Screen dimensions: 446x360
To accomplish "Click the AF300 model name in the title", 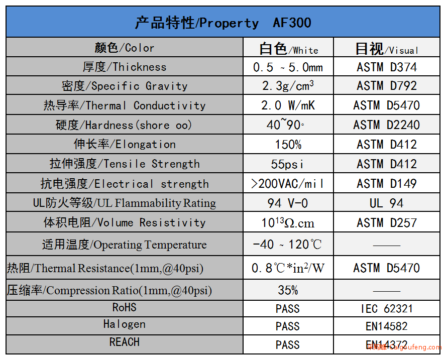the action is [x=292, y=23].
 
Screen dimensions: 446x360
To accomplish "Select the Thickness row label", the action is [x=125, y=67].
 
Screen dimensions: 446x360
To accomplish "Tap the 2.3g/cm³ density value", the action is [x=288, y=85].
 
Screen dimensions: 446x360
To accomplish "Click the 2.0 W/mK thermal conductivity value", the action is [x=288, y=105].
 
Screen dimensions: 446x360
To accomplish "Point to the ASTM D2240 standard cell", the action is [x=387, y=125].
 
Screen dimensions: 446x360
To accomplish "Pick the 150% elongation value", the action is [x=288, y=145].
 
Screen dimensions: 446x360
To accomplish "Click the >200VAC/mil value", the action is [x=287, y=184].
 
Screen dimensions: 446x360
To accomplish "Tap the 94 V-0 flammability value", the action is [x=288, y=203].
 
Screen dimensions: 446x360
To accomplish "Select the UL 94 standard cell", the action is [x=387, y=203].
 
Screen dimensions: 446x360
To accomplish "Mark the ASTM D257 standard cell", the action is [x=387, y=222].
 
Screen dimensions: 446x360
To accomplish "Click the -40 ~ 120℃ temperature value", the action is [x=287, y=244].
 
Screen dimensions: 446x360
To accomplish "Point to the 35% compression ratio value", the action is [x=288, y=290].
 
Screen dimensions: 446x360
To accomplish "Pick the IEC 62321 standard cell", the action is [x=387, y=309].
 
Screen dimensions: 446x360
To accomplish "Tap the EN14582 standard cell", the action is [x=387, y=326].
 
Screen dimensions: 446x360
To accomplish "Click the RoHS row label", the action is [x=124, y=307].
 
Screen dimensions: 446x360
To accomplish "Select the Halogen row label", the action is [x=124, y=324].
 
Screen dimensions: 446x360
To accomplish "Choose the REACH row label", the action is [x=124, y=342].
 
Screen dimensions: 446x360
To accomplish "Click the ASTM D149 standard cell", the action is [x=387, y=184].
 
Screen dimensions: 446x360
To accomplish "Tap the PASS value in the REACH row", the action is [x=288, y=345].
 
